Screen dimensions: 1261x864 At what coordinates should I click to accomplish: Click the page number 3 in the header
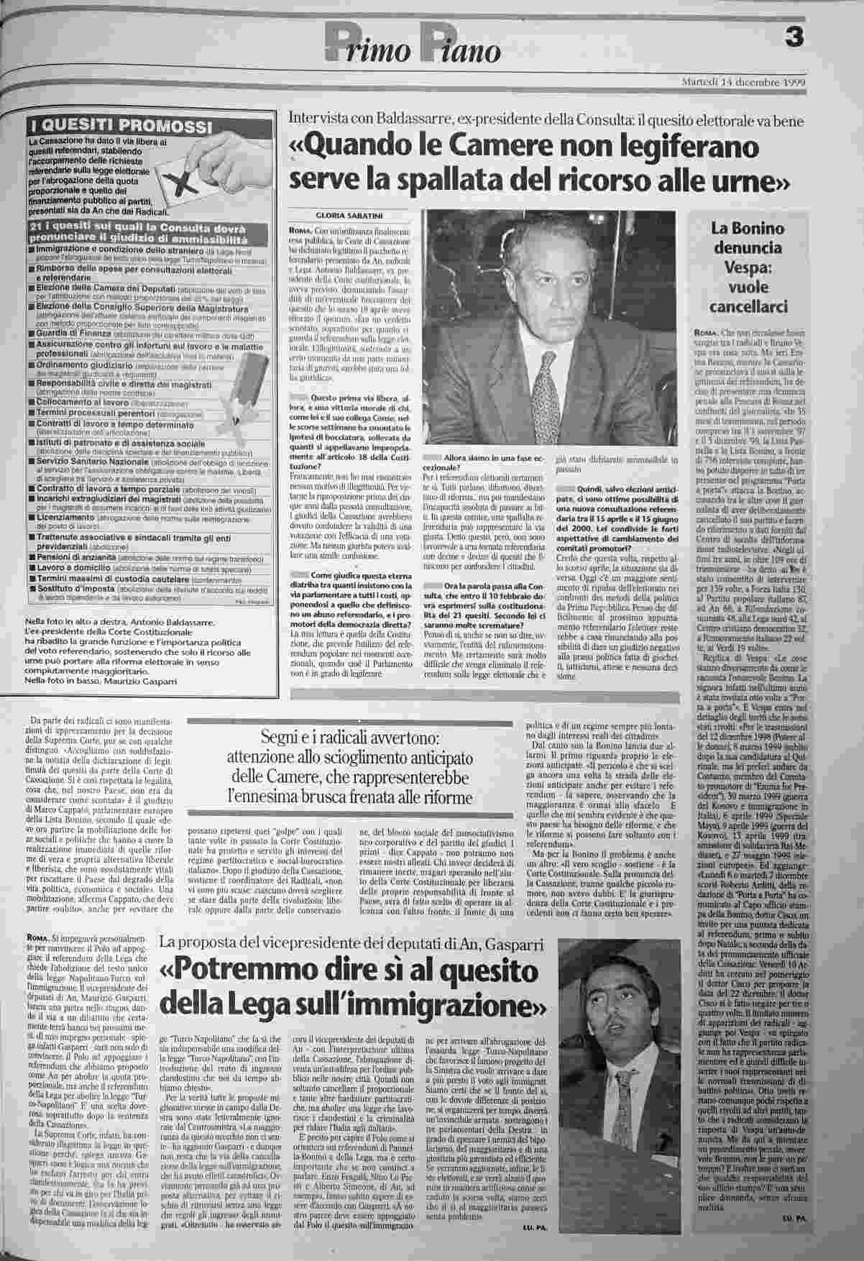tap(793, 37)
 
